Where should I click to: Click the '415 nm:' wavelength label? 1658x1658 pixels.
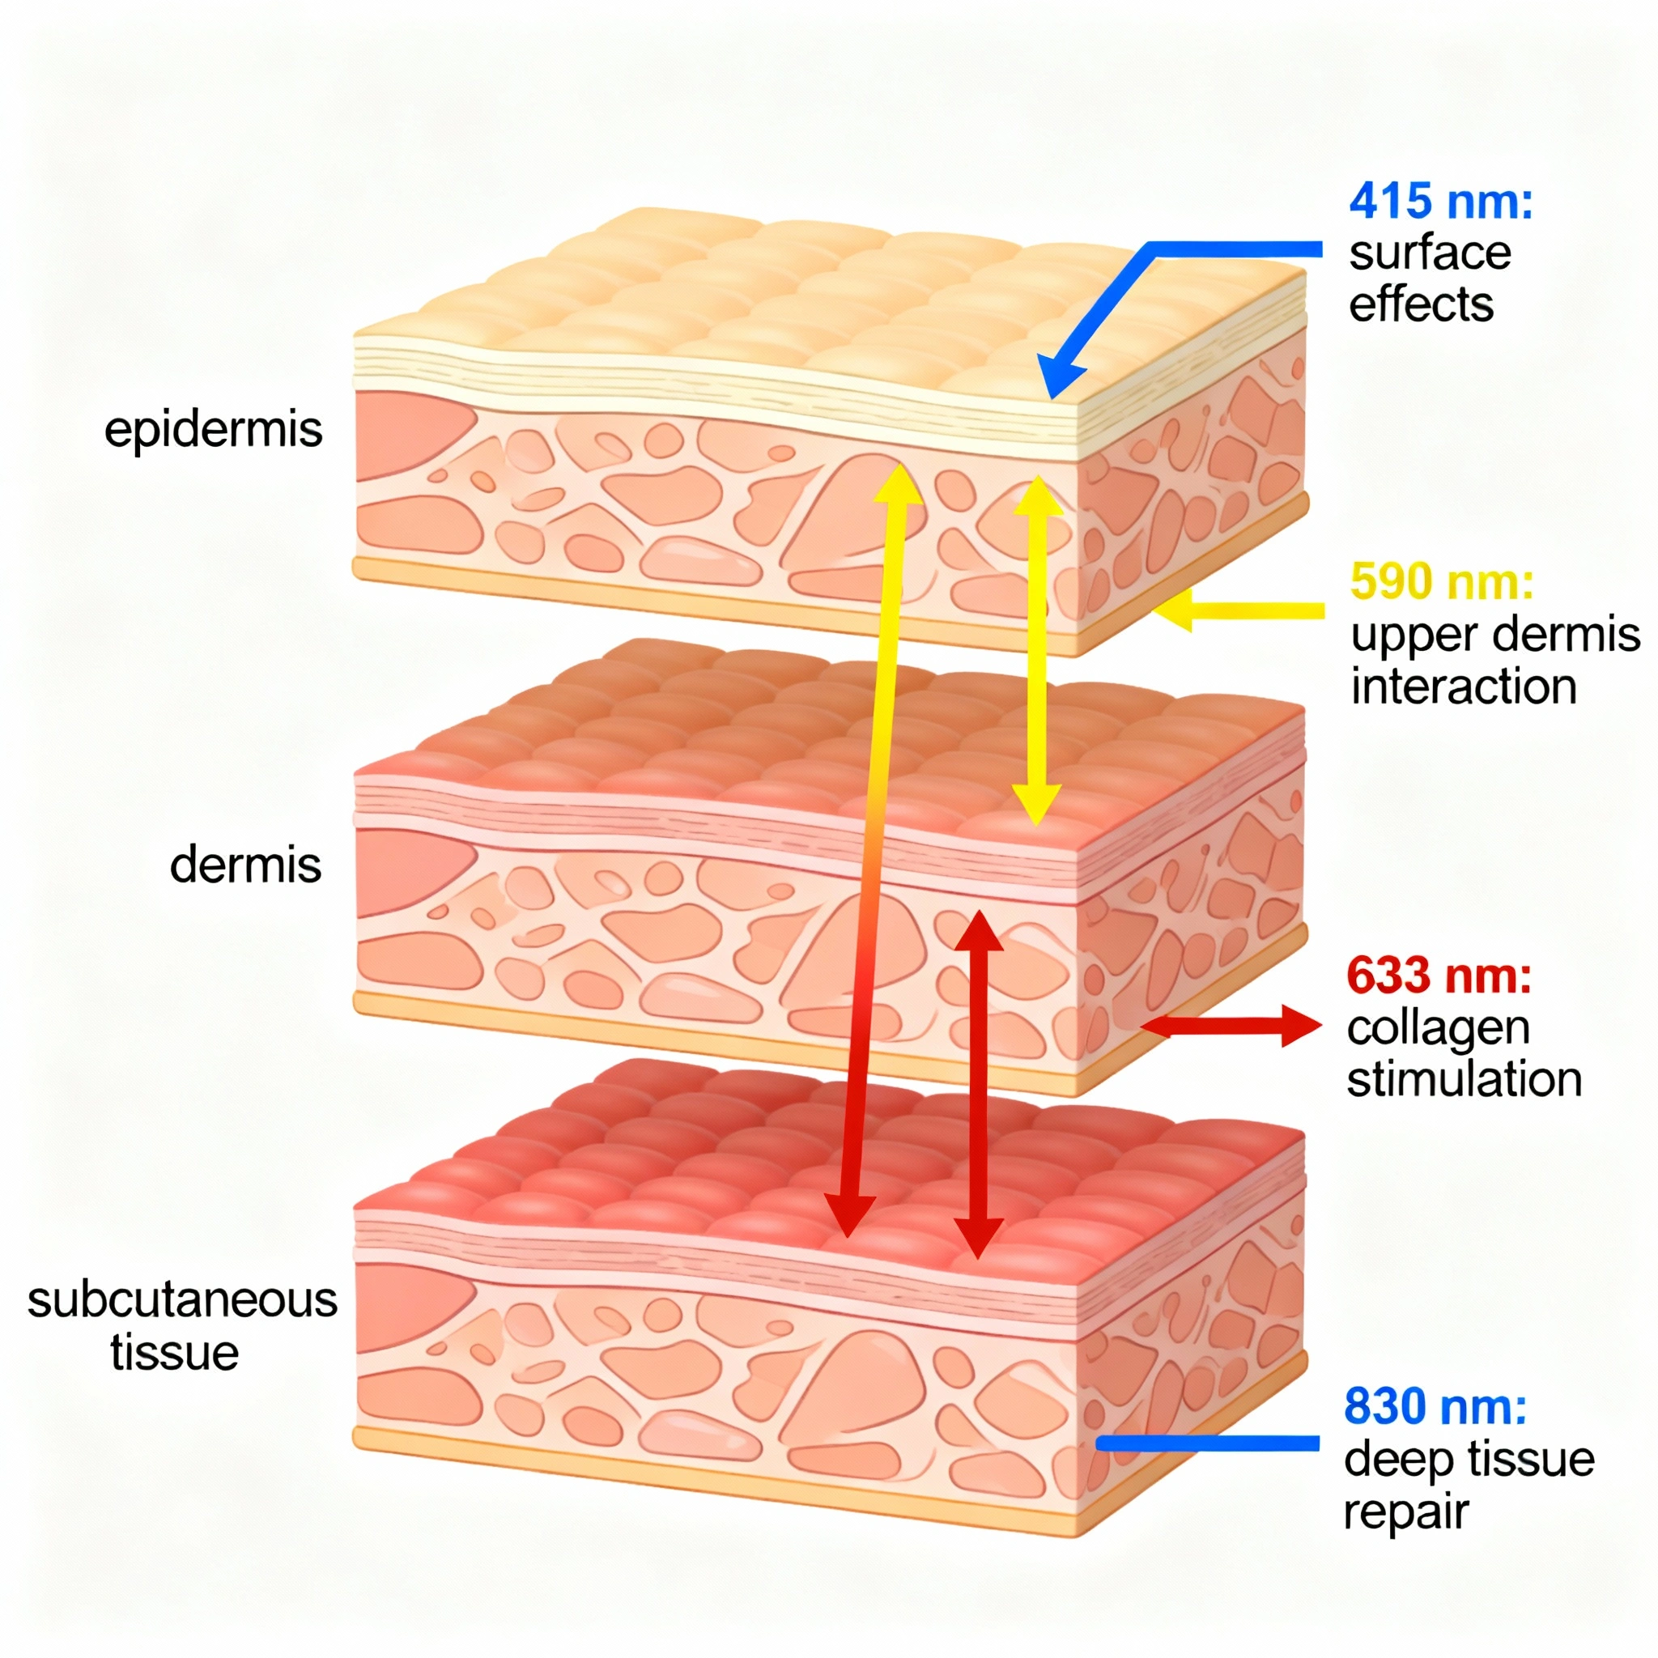[1441, 202]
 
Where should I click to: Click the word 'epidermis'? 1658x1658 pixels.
[213, 429]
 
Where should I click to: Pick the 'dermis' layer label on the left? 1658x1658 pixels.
[245, 865]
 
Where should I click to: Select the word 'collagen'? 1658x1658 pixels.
[1439, 1028]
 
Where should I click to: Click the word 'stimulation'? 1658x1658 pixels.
[1464, 1080]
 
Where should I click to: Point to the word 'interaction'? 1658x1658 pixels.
[1464, 687]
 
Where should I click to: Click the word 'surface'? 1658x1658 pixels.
[1430, 253]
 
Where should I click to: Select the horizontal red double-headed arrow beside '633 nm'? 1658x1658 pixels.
[1231, 1026]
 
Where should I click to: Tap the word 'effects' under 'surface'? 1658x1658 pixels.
[1421, 305]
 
